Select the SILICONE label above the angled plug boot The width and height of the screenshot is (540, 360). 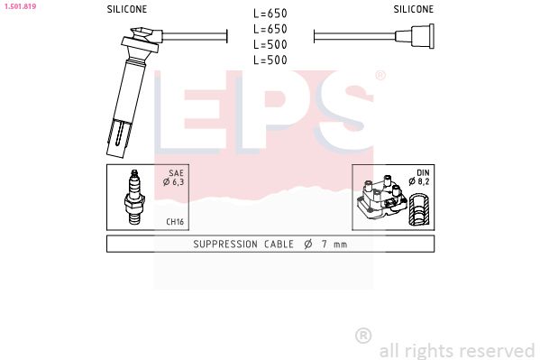pyautogui.click(x=127, y=9)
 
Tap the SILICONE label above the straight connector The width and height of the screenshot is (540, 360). pyautogui.click(x=413, y=9)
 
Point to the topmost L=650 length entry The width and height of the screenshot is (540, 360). pyautogui.click(x=270, y=14)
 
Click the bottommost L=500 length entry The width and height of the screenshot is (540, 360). pyautogui.click(x=270, y=60)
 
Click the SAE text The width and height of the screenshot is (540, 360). pyautogui.click(x=178, y=171)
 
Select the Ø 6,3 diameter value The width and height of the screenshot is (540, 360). pyautogui.click(x=175, y=182)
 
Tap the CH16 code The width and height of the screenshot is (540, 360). pyautogui.click(x=176, y=220)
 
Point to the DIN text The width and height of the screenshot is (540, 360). pyautogui.click(x=422, y=171)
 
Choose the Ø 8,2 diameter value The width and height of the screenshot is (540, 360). pyautogui.click(x=419, y=182)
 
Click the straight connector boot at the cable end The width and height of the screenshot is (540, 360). pyautogui.click(x=419, y=37)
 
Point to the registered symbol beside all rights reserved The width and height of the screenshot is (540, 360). pyautogui.click(x=363, y=336)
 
